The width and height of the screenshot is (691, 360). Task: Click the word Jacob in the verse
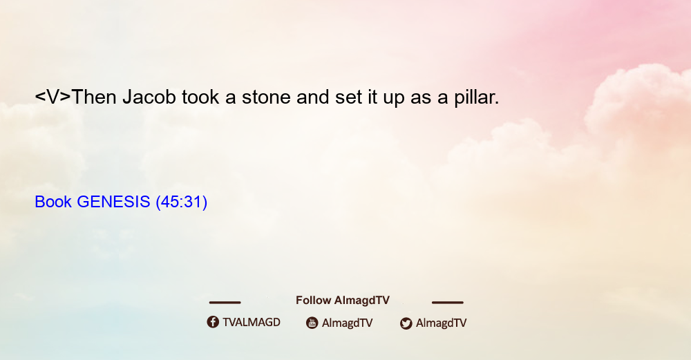tap(149, 97)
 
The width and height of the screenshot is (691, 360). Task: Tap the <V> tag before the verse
tap(53, 97)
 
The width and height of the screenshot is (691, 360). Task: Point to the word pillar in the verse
tap(477, 97)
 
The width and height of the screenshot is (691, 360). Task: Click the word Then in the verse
tap(93, 97)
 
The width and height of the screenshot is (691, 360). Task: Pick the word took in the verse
tap(200, 97)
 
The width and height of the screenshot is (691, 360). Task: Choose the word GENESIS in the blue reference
tap(113, 202)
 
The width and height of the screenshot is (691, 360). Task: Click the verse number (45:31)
tap(182, 202)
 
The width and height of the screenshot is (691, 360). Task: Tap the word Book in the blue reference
tap(53, 202)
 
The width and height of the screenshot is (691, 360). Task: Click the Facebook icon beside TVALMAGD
tap(213, 322)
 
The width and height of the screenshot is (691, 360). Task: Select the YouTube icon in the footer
tap(312, 323)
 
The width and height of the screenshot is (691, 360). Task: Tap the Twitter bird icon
tap(406, 323)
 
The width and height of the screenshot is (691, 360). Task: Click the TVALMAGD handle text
tap(252, 323)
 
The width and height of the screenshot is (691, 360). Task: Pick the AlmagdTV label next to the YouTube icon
tap(348, 323)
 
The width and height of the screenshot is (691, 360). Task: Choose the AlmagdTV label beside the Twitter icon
tap(441, 323)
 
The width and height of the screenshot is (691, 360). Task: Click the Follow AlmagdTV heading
tap(343, 301)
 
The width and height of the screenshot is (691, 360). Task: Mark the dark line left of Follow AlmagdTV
tap(225, 303)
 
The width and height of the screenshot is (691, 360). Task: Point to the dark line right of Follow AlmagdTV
tap(448, 303)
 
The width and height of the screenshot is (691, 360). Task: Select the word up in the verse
tap(394, 99)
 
